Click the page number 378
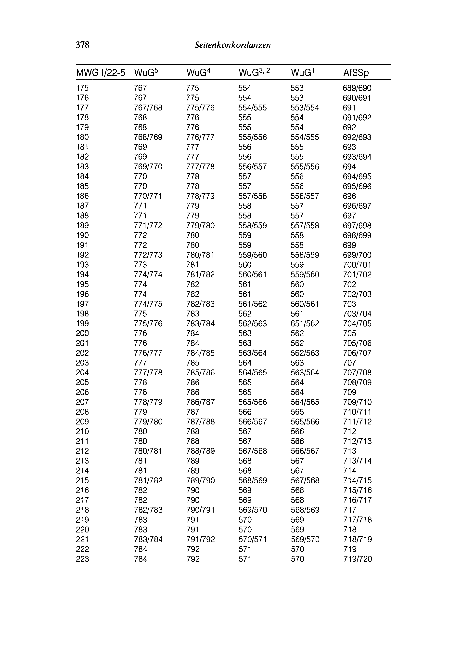coord(82,45)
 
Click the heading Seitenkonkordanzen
coord(232,45)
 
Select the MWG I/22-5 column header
coord(101,73)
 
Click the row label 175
coord(82,88)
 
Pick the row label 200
coord(82,333)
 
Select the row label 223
coord(82,559)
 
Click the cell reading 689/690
coord(357,88)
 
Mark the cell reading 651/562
coord(305,323)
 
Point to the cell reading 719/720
coord(357,559)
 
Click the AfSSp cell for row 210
coord(349,431)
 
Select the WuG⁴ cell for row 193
coord(192,265)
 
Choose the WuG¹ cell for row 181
coord(297,147)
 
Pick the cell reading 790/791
coord(200,510)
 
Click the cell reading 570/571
coord(252,539)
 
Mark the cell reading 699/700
coord(357,255)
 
